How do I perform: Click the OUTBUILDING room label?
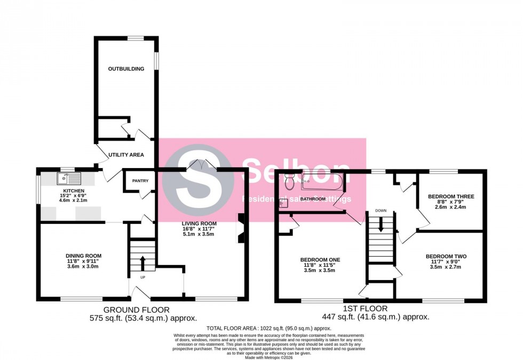coord(126,69)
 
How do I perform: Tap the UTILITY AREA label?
coord(126,155)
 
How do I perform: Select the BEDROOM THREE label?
coord(451,196)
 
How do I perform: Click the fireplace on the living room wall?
coord(241,228)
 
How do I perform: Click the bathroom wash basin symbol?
coord(281,203)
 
